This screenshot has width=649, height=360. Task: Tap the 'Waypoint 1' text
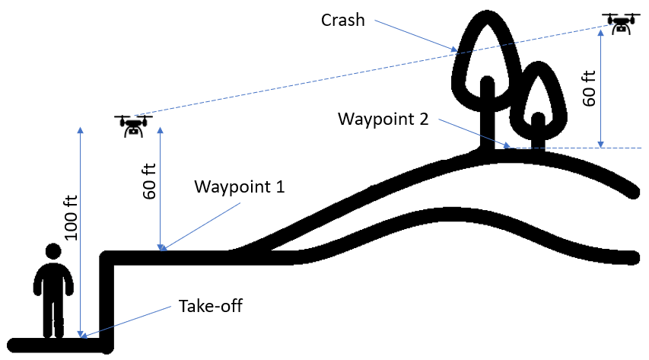tap(239, 186)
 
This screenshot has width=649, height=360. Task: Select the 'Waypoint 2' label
tap(383, 119)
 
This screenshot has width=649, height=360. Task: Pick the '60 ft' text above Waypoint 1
tap(149, 178)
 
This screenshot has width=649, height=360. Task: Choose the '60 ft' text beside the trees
tap(588, 87)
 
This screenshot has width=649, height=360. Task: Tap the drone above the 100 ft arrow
tap(133, 125)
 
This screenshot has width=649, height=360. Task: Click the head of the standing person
tap(52, 252)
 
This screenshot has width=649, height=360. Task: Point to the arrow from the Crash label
tap(415, 37)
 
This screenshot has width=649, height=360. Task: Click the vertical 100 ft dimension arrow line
tap(79, 228)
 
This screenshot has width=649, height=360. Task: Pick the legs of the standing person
tap(52, 316)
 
